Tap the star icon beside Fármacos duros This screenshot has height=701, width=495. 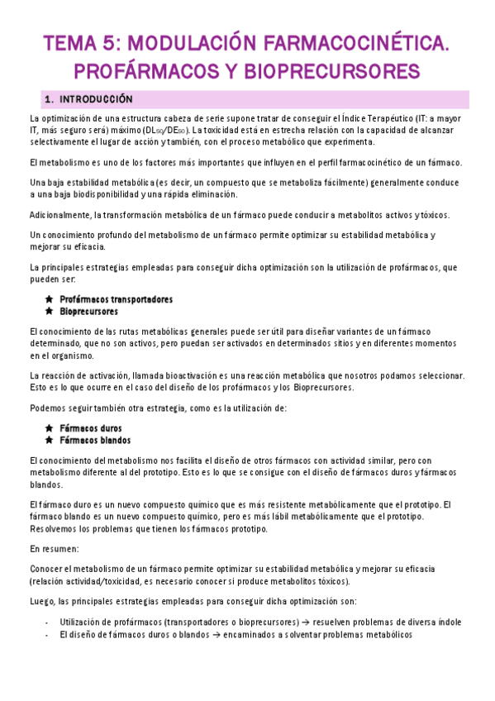[x=50, y=428]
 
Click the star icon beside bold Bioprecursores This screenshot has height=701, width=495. [x=50, y=312]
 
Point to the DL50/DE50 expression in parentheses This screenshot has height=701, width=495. [x=165, y=131]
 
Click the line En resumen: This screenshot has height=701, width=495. [x=55, y=549]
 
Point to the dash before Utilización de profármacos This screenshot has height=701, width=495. [x=48, y=622]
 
